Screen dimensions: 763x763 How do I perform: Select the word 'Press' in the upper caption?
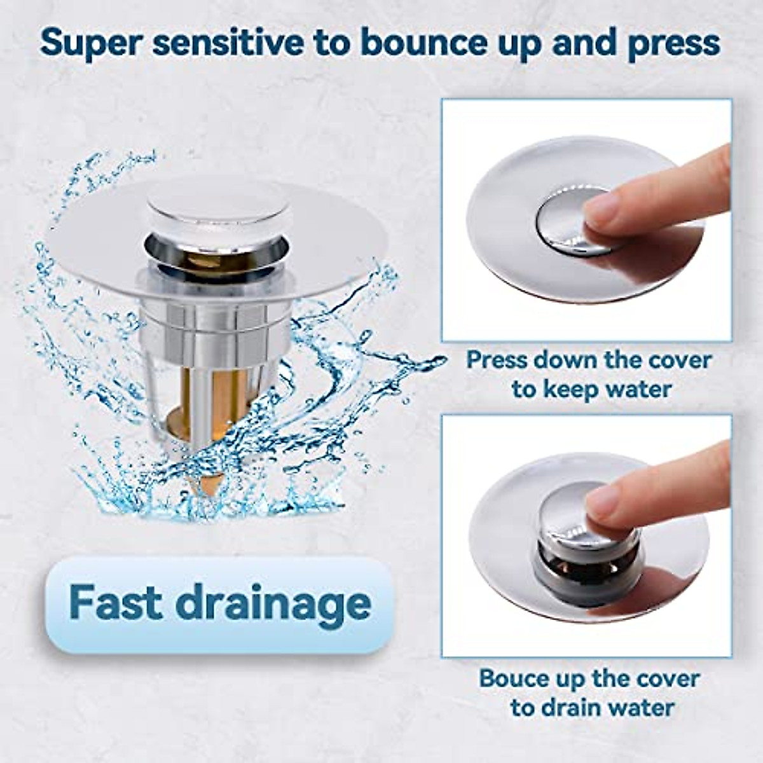[498, 359]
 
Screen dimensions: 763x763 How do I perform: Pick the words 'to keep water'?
[591, 389]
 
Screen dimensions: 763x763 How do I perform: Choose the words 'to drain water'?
[592, 708]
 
